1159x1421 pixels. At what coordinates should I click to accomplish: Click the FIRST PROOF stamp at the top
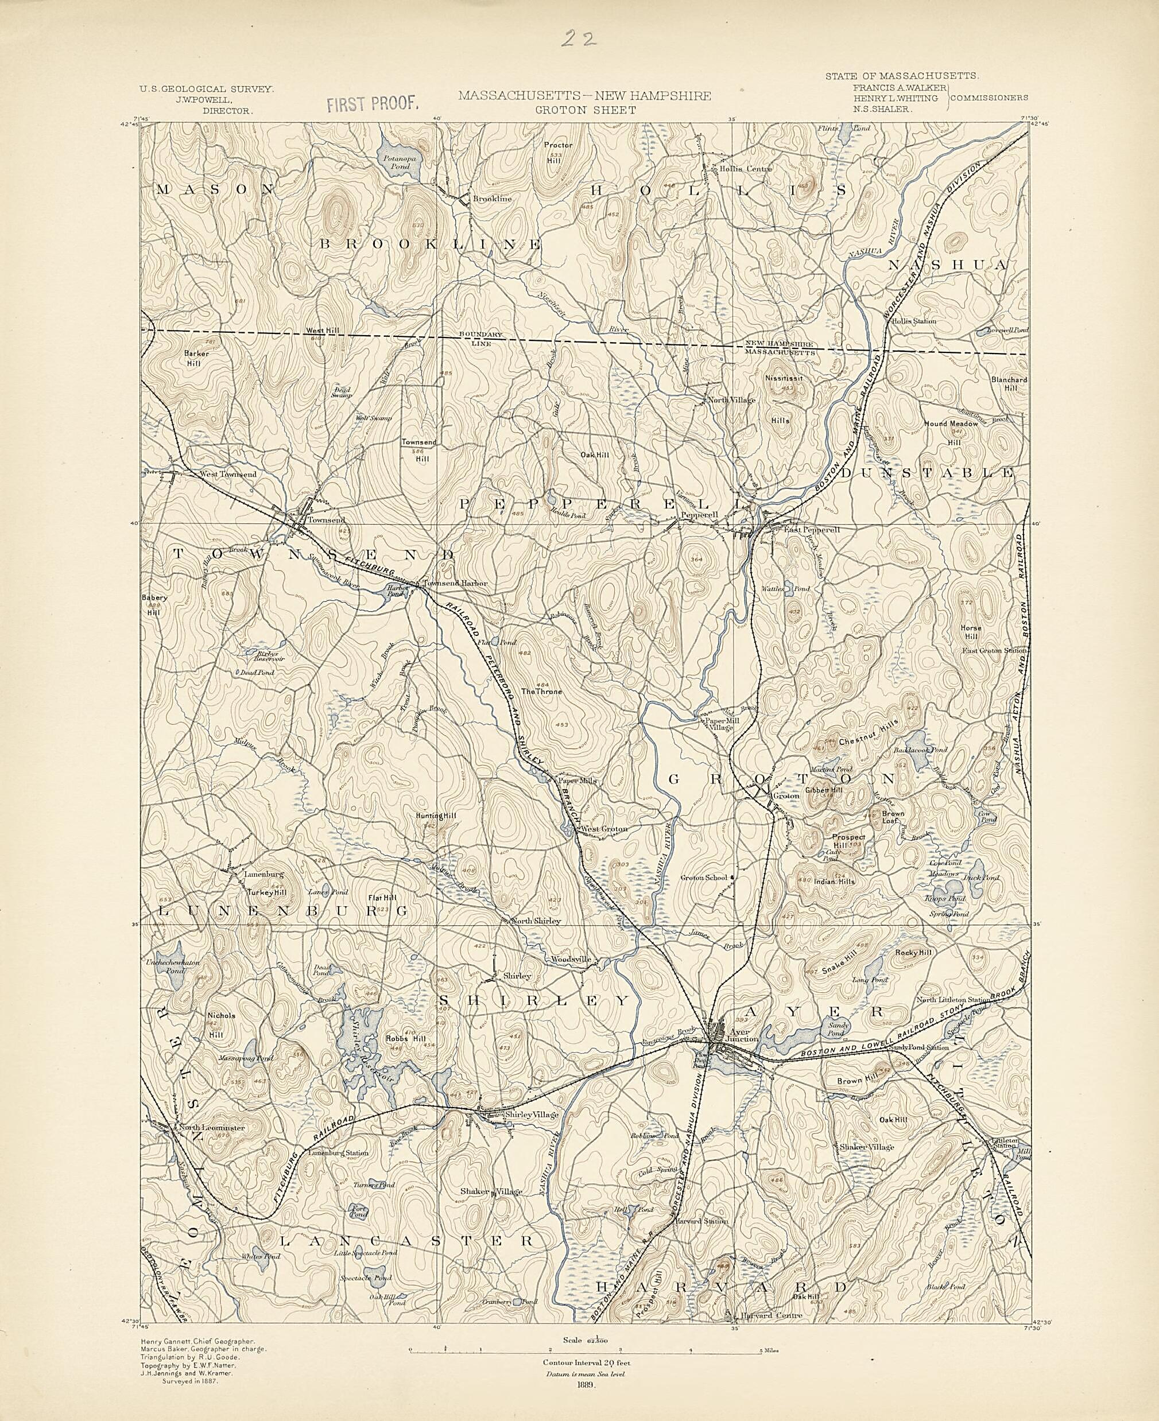(x=373, y=103)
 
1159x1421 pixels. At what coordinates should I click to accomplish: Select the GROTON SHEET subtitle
(x=584, y=110)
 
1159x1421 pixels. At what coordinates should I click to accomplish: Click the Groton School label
(x=703, y=878)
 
